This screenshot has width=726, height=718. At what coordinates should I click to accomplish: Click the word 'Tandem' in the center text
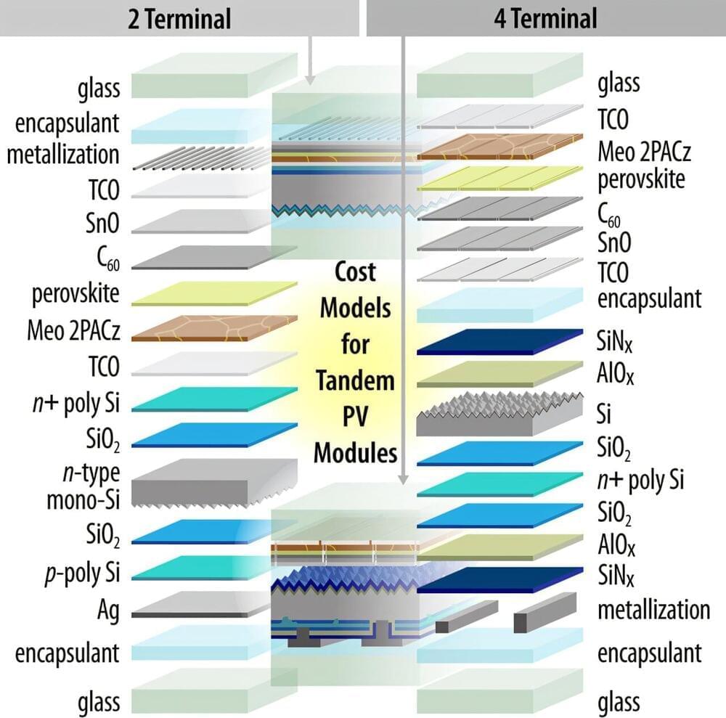[355, 380]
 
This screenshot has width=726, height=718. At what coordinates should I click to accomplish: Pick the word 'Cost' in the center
[355, 272]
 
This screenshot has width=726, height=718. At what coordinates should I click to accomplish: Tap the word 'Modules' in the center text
[355, 452]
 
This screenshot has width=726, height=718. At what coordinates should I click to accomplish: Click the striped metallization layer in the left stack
[211, 157]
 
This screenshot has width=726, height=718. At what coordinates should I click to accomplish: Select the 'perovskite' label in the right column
[641, 179]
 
